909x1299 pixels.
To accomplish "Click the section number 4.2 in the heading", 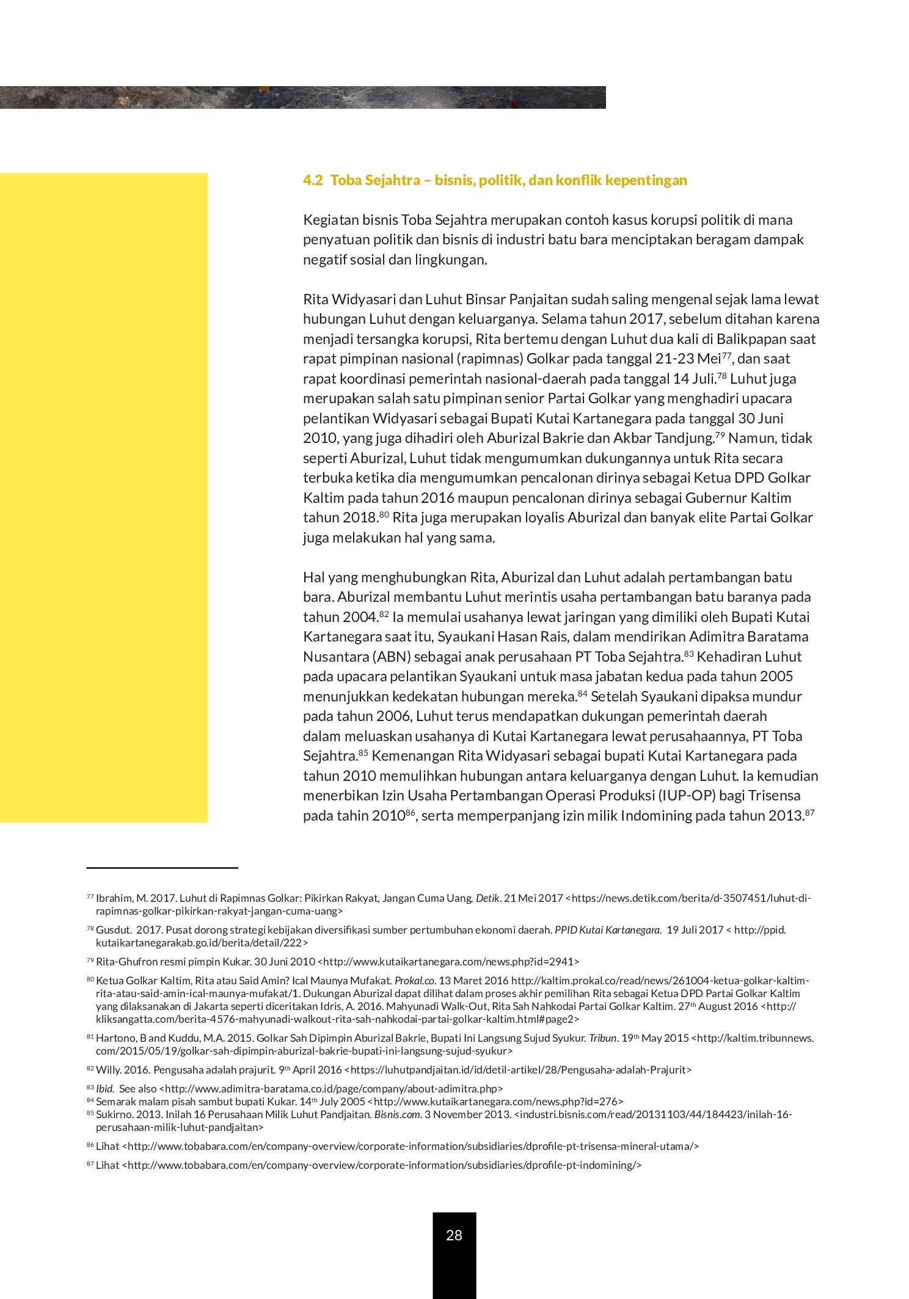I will point(312,180).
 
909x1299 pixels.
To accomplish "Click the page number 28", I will point(454,1235).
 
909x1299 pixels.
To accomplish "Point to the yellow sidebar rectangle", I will point(104,497).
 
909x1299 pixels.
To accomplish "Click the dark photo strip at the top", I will point(302,98).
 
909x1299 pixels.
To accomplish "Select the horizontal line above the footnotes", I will point(162,868).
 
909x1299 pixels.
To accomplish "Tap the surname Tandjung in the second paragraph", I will point(685,438).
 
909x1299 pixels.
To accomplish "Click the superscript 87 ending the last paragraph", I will point(810,813).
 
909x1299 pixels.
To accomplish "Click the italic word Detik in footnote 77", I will point(487,898).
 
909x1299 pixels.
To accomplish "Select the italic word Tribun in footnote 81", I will point(602,1038).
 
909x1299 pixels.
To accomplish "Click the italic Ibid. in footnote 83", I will point(105,1089).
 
